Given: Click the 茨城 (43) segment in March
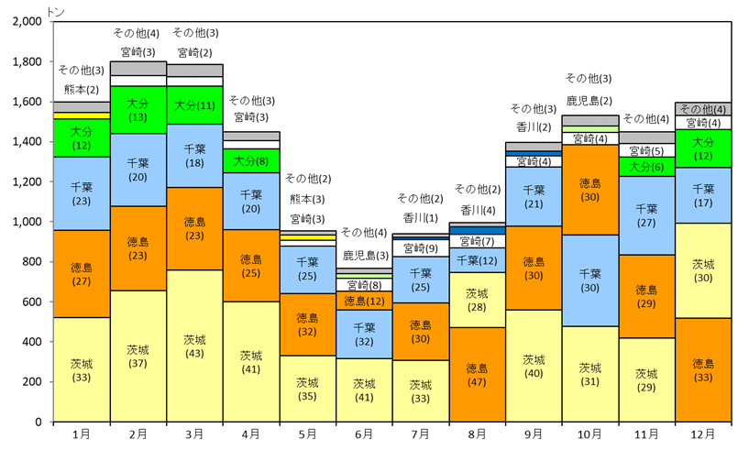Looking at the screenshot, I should [x=194, y=346].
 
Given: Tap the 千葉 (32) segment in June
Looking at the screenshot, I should [x=363, y=334].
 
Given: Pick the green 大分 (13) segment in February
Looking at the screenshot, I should [x=138, y=110].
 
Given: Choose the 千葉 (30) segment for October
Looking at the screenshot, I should [x=589, y=280].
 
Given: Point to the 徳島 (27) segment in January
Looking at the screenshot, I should [x=82, y=274].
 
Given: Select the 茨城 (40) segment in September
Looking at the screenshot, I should [x=533, y=366].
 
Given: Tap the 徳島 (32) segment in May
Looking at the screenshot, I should [x=307, y=324].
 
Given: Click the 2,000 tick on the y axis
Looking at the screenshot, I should [x=27, y=21].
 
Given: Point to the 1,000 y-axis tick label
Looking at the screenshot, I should [x=27, y=222].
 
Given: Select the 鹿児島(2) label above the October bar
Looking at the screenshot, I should [x=589, y=99].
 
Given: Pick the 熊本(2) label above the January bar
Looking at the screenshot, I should [x=82, y=89].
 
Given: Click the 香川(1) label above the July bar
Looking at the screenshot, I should [x=420, y=217].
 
